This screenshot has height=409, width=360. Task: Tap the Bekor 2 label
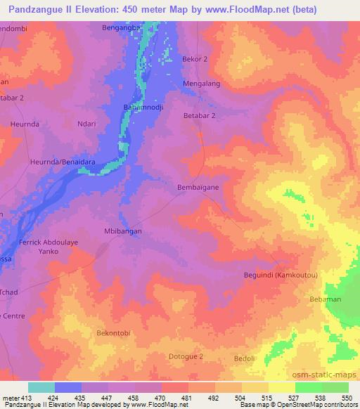coord(195,59)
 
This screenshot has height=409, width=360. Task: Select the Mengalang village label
coord(202,84)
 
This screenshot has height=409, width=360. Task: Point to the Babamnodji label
coord(143,105)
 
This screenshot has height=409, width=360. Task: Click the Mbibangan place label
coord(122,231)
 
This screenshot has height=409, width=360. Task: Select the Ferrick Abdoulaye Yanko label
coord(49,246)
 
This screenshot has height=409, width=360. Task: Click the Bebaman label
coord(323,299)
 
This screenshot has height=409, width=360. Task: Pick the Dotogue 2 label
coord(186,357)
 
